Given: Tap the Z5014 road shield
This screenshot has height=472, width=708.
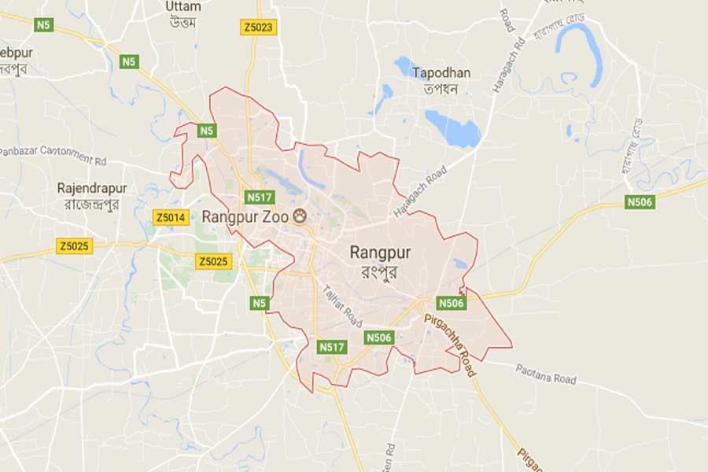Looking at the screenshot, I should pyautogui.click(x=171, y=216).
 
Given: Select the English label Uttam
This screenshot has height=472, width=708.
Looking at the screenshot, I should pyautogui.click(x=184, y=6).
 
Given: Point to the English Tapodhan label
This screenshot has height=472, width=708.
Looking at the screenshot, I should pyautogui.click(x=442, y=72).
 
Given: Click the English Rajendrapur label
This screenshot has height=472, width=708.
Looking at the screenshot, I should pyautogui.click(x=92, y=189).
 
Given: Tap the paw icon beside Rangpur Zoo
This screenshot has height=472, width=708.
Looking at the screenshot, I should pyautogui.click(x=300, y=215).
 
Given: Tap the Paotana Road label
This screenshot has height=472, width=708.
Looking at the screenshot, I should pyautogui.click(x=546, y=374).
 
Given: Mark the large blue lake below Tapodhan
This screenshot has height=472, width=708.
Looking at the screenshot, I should pyautogui.click(x=452, y=127).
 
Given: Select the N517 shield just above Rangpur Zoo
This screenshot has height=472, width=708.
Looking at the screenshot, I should pyautogui.click(x=259, y=197).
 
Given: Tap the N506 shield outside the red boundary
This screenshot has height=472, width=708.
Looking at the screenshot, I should pyautogui.click(x=640, y=202).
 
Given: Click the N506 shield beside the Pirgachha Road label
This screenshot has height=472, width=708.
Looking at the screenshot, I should pyautogui.click(x=452, y=302).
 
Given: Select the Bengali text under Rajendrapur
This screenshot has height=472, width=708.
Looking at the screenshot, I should pyautogui.click(x=92, y=205).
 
